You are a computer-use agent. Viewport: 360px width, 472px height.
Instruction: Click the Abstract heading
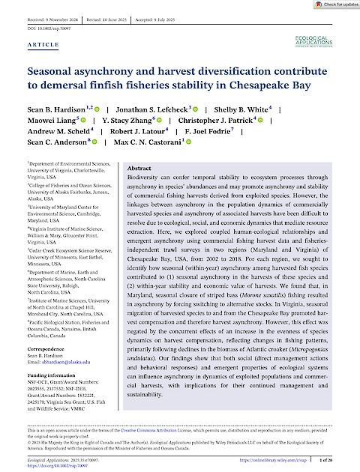pos(144,169)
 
